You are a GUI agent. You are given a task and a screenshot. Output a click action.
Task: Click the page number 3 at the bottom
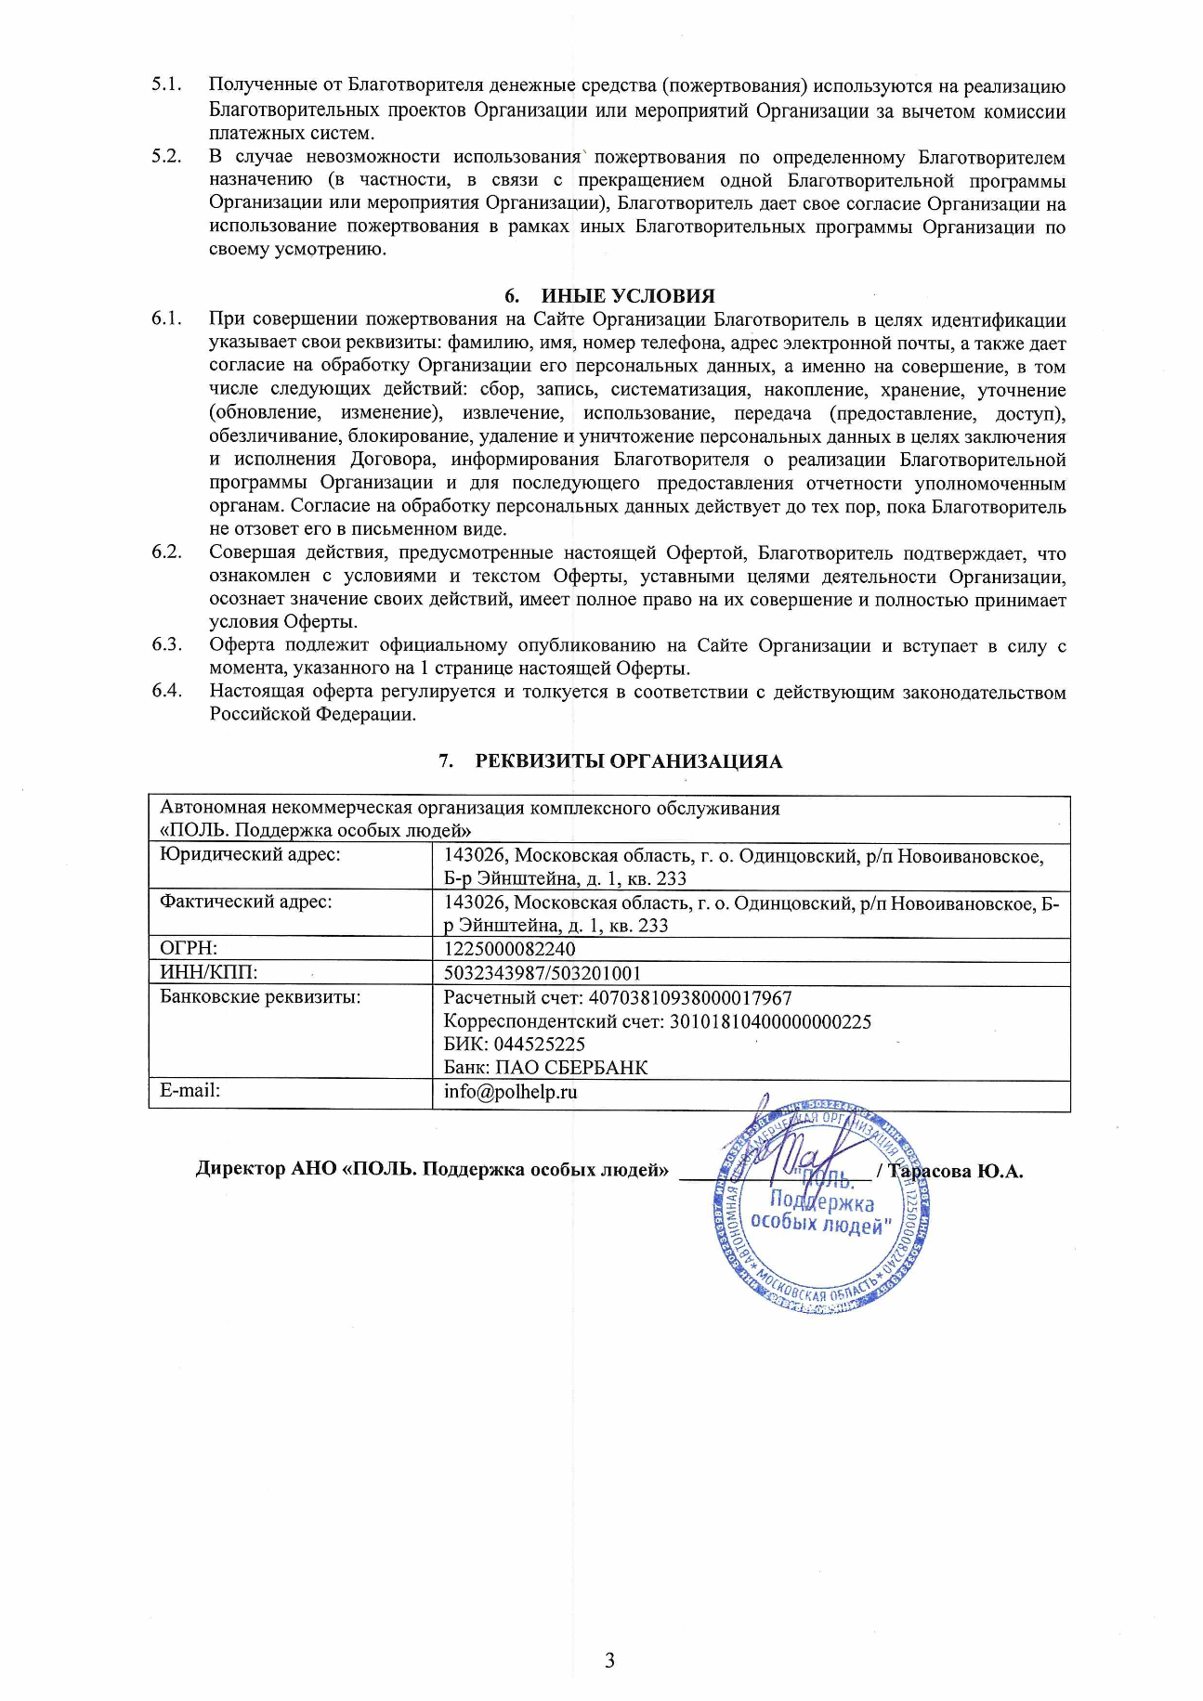tap(609, 1660)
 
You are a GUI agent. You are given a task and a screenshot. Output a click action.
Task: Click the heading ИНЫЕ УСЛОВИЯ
tap(628, 296)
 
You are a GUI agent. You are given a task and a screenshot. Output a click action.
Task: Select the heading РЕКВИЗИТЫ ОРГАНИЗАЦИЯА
tap(629, 762)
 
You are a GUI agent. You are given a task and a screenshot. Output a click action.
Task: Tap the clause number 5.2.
tap(166, 157)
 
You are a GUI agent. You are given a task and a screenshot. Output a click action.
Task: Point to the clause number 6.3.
tap(166, 645)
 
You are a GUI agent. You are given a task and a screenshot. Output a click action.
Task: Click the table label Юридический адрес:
tap(250, 855)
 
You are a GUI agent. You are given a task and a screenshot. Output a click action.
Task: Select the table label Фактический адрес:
tap(246, 902)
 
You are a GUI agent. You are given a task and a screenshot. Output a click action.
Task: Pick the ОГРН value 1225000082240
tap(509, 950)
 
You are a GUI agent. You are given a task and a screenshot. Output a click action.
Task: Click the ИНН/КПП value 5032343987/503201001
tap(542, 974)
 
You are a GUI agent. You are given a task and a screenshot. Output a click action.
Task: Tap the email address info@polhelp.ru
tap(510, 1092)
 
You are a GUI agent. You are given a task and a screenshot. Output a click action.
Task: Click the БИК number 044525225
tap(539, 1045)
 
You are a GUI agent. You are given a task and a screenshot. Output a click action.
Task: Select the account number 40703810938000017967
tap(687, 999)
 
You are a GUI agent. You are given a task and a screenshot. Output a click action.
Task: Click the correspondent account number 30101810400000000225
tap(770, 1022)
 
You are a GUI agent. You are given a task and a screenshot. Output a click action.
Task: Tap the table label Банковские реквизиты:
tap(260, 998)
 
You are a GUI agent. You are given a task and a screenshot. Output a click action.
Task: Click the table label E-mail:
tap(190, 1091)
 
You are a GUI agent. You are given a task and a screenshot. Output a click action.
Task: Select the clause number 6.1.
tap(166, 319)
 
